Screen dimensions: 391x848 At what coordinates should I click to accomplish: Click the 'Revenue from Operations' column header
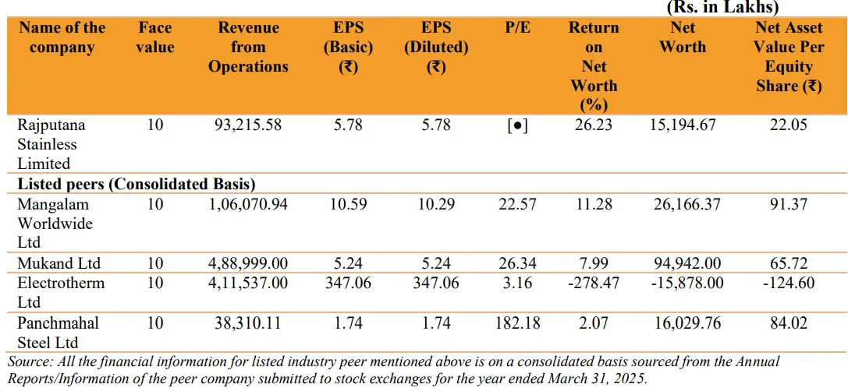pos(248,48)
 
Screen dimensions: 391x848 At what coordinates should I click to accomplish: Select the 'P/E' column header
pos(517,28)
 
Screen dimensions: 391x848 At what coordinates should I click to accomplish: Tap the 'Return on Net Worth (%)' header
pos(594,66)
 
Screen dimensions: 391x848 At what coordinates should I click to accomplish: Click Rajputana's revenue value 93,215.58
pos(248,125)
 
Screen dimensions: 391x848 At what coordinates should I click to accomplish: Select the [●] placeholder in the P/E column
pos(517,125)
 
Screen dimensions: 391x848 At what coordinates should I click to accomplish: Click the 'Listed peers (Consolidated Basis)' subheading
pos(137,185)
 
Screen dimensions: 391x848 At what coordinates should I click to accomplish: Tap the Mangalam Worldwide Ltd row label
pos(55,224)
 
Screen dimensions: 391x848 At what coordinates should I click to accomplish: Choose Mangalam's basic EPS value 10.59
pos(348,204)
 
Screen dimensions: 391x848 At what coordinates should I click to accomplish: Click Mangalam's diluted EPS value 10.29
pos(436,204)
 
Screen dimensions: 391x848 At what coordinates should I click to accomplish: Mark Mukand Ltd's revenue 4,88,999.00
pos(248,263)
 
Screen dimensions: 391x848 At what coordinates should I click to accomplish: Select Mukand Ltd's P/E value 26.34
pos(517,263)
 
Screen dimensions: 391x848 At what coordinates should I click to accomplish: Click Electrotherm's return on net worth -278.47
pos(594,283)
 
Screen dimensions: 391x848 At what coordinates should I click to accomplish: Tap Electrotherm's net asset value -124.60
pos(789,283)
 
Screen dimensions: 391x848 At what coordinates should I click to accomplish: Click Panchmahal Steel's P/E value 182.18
pos(517,322)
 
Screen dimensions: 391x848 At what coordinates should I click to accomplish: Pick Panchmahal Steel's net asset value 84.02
pos(789,322)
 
